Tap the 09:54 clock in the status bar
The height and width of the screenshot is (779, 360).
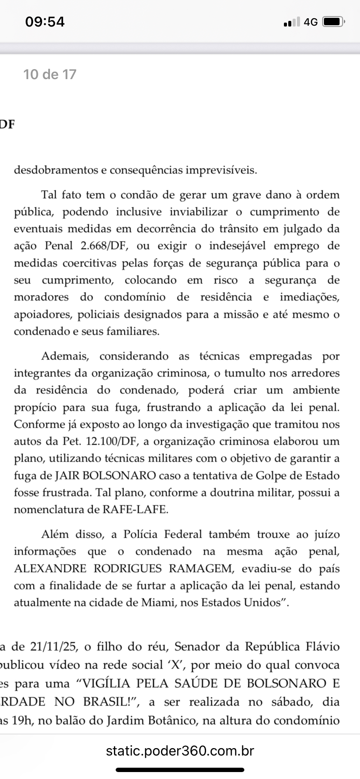(x=45, y=22)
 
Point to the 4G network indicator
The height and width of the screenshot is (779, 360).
(x=310, y=22)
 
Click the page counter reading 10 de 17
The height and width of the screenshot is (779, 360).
(x=50, y=74)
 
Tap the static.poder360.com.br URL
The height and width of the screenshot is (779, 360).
(x=180, y=751)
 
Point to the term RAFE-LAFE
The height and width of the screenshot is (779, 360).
(x=135, y=510)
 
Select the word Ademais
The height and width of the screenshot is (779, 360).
(x=65, y=356)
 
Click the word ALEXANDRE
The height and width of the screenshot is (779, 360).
(x=47, y=569)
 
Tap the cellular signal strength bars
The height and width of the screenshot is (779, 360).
(x=291, y=22)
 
